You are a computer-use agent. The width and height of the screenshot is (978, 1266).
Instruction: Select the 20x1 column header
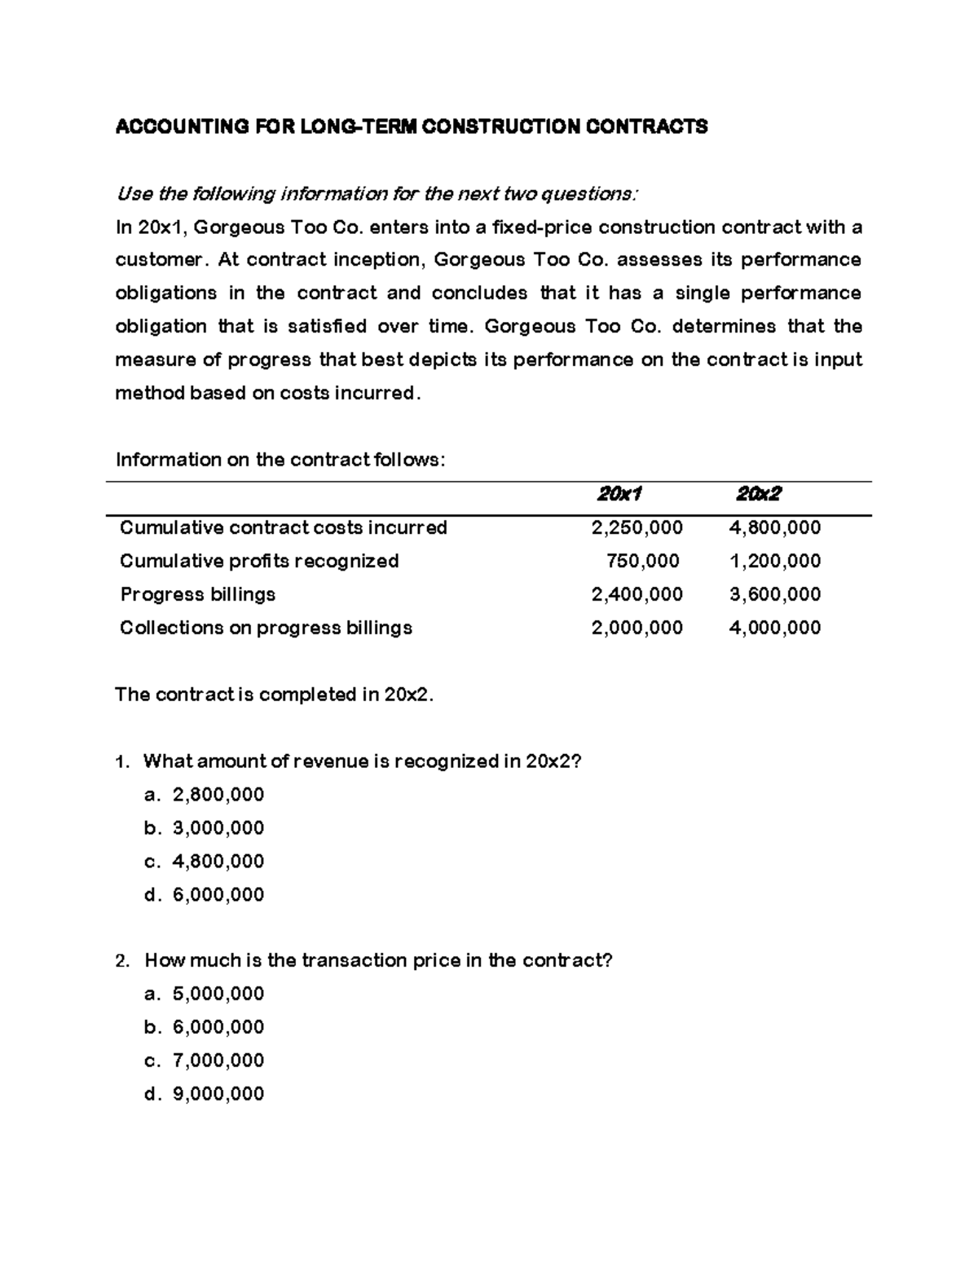619,494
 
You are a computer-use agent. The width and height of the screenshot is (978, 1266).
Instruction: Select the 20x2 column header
758,494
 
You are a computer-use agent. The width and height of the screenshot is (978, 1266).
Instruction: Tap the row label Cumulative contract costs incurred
283,527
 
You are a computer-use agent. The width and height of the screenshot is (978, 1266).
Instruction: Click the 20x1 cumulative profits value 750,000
642,561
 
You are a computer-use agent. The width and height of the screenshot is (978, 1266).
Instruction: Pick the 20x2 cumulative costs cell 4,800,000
774,527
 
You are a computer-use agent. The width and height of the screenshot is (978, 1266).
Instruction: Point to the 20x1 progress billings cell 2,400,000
637,594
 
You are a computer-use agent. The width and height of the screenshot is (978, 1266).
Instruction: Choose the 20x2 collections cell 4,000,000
774,628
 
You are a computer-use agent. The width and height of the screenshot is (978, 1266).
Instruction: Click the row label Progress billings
197,594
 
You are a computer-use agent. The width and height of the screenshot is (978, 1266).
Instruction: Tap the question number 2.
121,961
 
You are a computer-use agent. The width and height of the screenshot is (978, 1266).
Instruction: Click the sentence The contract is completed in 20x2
275,695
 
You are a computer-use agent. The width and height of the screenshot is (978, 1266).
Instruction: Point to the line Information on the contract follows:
281,460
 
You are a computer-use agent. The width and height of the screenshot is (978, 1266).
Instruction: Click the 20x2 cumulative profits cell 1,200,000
774,561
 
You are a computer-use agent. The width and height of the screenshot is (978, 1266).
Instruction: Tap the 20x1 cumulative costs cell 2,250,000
637,527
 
